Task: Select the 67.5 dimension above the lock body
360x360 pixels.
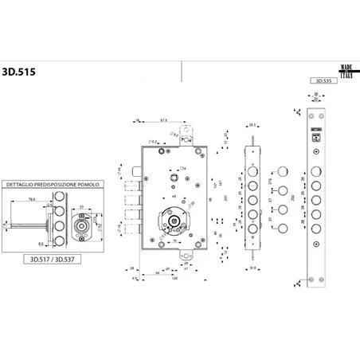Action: click(164, 121)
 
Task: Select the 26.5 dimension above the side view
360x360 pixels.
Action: click(252, 124)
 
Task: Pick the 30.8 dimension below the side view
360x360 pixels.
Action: click(251, 268)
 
